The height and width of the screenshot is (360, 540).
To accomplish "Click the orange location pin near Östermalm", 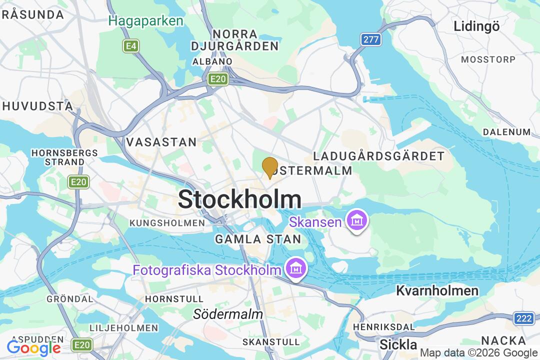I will tap(270, 167).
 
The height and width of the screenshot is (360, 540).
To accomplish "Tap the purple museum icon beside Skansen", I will tap(356, 220).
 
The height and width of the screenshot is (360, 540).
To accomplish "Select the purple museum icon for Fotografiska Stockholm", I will tap(296, 268).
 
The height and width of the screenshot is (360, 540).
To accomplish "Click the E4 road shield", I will tap(131, 46).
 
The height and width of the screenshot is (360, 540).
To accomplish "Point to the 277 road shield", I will tap(371, 39).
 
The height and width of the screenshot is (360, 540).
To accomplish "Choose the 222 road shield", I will tap(523, 318).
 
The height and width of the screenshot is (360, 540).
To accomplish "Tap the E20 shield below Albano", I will tap(218, 79).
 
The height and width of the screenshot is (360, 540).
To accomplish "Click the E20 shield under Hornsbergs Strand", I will tap(78, 182).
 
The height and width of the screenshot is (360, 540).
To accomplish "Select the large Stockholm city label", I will tap(239, 200).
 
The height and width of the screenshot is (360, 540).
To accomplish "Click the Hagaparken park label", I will tap(146, 21).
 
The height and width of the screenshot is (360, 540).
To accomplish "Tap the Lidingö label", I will tap(476, 26).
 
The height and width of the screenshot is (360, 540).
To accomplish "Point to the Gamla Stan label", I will tap(258, 239).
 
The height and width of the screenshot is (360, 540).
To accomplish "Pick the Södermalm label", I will tap(228, 314).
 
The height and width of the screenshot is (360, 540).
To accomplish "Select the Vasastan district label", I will tap(161, 142).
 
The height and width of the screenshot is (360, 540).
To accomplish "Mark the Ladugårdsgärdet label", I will tap(378, 156).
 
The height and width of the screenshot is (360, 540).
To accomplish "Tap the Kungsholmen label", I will tap(167, 222).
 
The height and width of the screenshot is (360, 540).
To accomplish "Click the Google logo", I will tap(33, 347).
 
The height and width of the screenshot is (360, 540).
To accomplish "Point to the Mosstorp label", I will tap(488, 59).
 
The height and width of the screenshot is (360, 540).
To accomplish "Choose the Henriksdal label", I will tap(384, 326).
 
